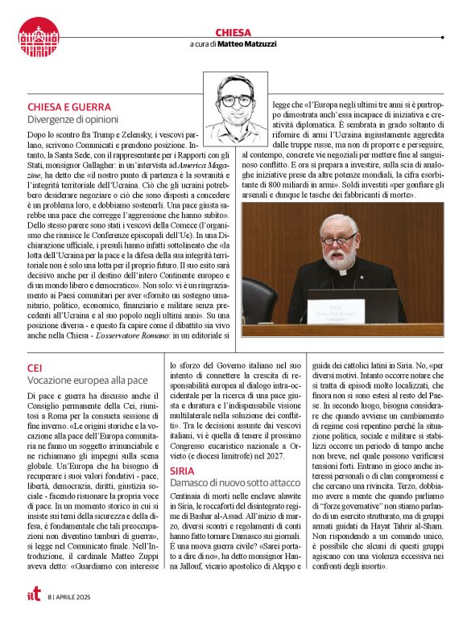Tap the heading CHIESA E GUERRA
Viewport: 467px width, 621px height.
coord(68,106)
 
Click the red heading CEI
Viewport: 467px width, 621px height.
coord(36,368)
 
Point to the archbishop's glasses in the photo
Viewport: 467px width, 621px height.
coord(338,239)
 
